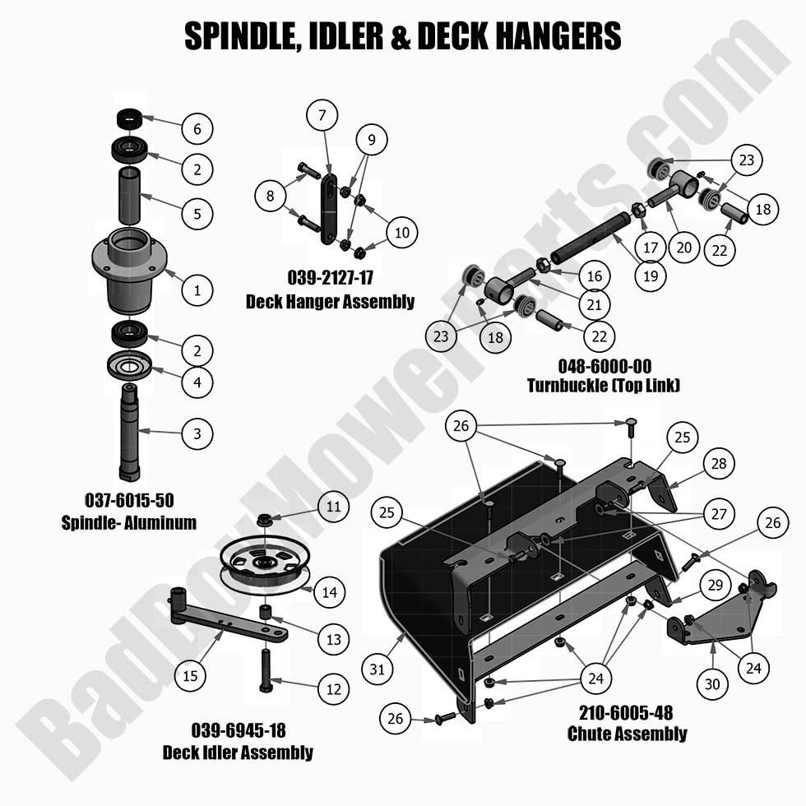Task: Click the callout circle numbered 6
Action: [197, 129]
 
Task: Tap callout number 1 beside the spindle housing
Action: [197, 290]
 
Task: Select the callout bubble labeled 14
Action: [328, 591]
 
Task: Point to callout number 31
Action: [377, 669]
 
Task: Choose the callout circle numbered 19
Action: [651, 276]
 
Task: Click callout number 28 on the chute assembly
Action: [720, 465]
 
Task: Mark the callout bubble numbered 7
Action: [322, 114]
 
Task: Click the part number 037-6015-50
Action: [129, 499]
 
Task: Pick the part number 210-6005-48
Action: [626, 713]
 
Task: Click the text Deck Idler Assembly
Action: [238, 752]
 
